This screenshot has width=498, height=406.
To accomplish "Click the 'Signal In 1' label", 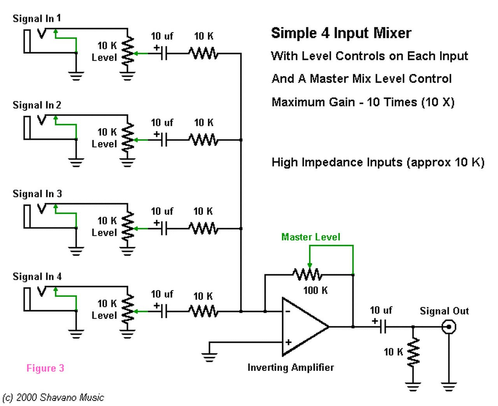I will click(37, 18).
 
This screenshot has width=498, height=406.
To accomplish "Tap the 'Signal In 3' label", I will click(37, 194).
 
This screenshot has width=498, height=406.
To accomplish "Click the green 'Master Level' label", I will click(310, 237).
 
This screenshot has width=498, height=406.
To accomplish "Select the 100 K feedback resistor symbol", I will click(308, 275).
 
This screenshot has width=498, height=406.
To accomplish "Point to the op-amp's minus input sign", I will click(288, 311).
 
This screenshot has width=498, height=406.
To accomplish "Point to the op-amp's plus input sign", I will click(288, 342).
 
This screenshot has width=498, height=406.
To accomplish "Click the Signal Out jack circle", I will click(449, 327).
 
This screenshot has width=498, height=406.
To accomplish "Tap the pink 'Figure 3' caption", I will click(45, 368).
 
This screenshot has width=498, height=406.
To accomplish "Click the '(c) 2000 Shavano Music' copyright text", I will click(53, 397).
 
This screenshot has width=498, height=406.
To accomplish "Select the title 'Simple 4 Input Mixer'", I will click(341, 33).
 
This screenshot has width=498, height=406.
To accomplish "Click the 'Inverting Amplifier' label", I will click(291, 367).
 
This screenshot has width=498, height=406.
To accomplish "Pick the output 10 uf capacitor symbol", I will click(383, 327).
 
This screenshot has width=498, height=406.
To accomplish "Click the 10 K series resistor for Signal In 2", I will click(203, 139).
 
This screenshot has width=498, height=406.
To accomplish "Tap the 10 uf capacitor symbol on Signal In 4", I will click(165, 311).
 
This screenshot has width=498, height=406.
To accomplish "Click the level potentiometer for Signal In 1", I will click(128, 53).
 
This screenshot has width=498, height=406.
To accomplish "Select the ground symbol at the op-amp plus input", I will click(209, 356).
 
